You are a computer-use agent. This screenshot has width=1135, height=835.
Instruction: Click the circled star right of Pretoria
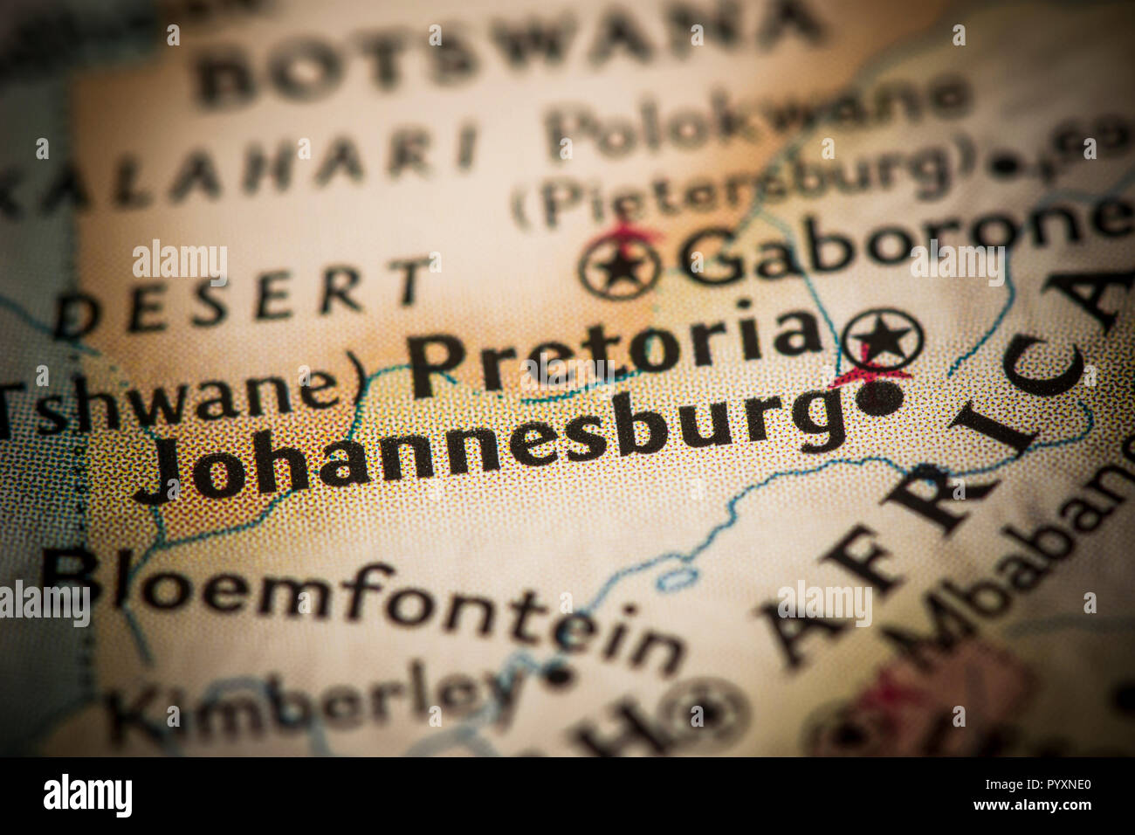tap(883, 336)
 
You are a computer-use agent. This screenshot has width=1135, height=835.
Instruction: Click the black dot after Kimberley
tap(557, 674)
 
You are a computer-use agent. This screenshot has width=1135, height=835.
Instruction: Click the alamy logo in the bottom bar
tap(87, 796)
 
